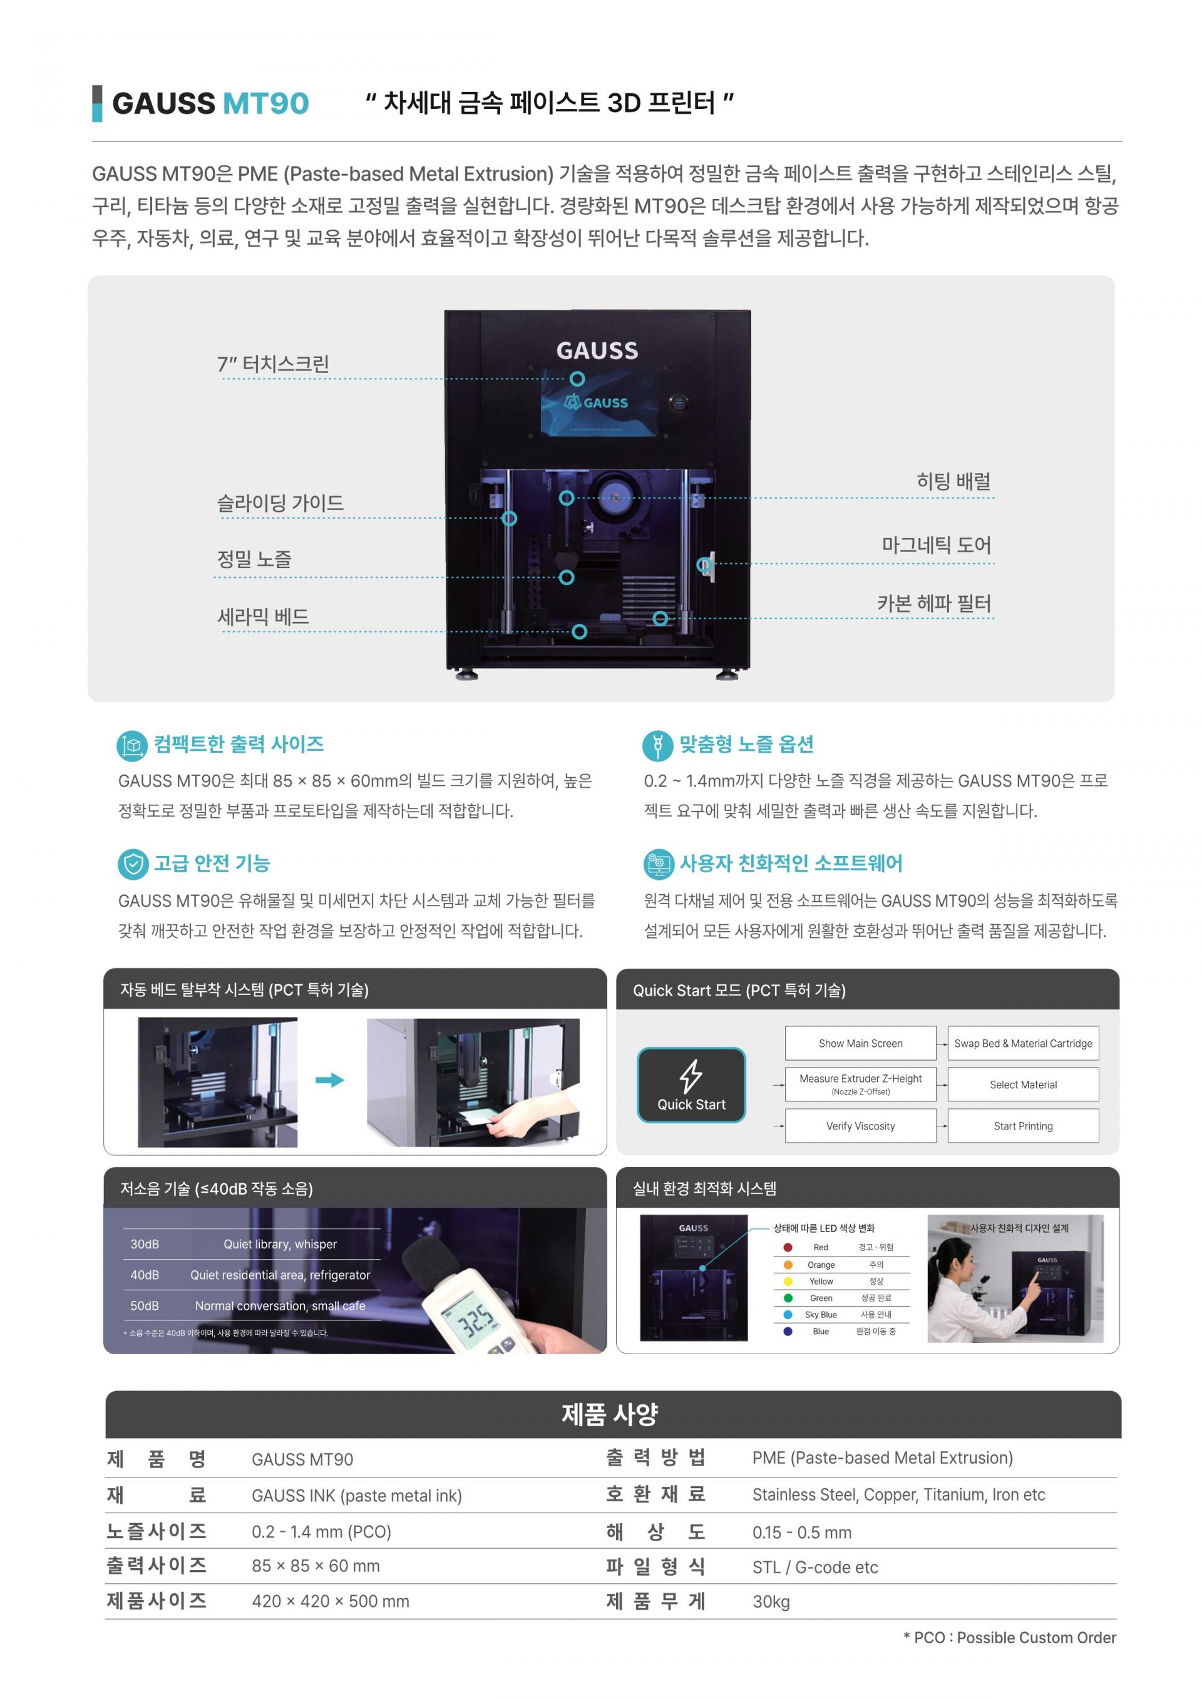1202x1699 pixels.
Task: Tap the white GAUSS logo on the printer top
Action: click(597, 351)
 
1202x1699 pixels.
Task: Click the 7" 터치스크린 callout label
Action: click(273, 364)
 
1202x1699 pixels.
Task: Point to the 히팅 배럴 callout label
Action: click(953, 481)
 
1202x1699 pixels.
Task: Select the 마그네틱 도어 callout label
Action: click(937, 545)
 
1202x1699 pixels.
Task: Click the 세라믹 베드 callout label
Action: click(263, 616)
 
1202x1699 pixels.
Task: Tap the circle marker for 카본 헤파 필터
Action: click(660, 618)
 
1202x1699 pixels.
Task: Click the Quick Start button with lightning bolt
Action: click(691, 1085)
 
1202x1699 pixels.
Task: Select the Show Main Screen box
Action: click(861, 1043)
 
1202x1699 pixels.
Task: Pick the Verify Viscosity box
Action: click(861, 1126)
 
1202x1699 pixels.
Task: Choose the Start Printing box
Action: click(1023, 1126)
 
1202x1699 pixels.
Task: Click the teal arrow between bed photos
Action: click(330, 1080)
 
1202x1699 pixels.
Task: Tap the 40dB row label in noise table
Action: click(145, 1275)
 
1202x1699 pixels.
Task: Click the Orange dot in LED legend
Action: click(788, 1265)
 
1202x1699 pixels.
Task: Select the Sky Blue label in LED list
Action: click(821, 1315)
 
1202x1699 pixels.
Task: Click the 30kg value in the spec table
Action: click(771, 1602)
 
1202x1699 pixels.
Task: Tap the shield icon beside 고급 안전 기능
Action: click(133, 864)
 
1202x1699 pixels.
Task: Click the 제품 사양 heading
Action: click(610, 1415)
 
